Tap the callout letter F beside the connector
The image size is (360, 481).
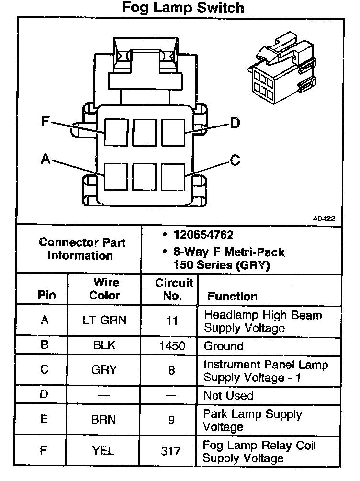click(x=45, y=121)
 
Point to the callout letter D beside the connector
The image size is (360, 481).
click(x=234, y=124)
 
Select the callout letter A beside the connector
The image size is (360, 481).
click(x=45, y=159)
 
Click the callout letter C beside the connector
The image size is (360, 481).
click(x=235, y=160)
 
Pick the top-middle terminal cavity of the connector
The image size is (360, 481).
click(x=145, y=132)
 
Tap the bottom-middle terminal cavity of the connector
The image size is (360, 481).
click(x=145, y=177)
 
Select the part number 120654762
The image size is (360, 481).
click(x=203, y=235)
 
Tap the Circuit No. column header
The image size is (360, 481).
click(x=173, y=289)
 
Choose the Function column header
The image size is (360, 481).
click(x=232, y=296)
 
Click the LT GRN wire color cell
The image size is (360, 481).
click(x=105, y=320)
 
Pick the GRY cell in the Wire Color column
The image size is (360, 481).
click(x=104, y=370)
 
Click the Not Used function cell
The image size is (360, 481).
click(x=228, y=396)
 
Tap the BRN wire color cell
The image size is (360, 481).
click(x=104, y=420)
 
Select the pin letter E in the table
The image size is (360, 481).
click(x=44, y=420)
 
